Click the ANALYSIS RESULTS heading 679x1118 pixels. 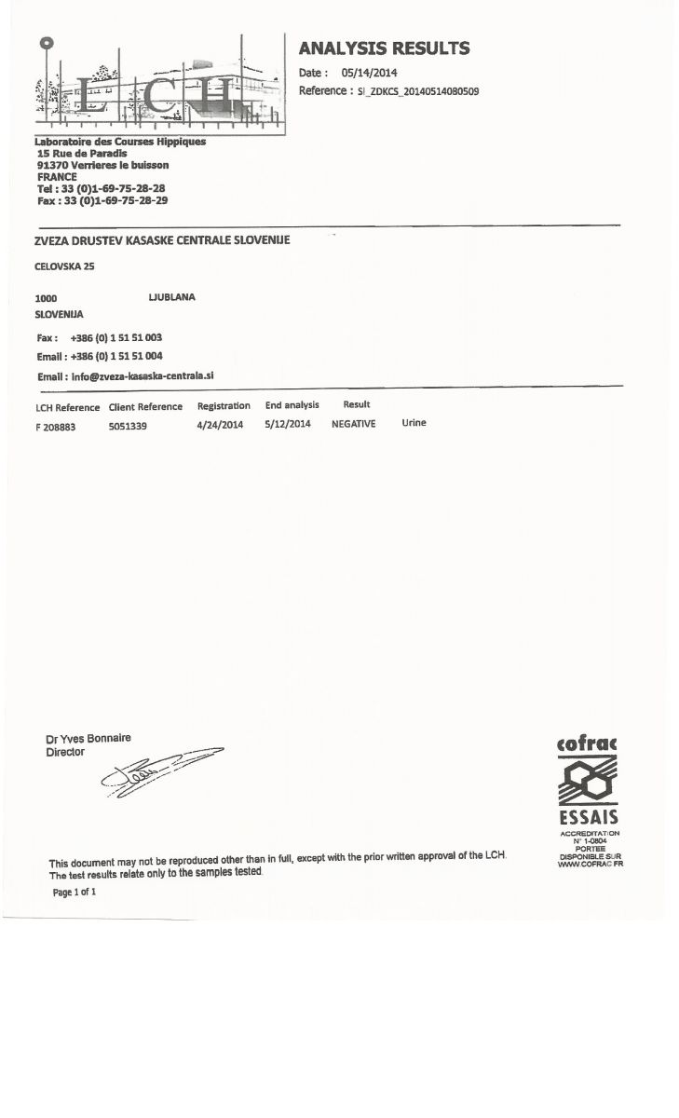[384, 48]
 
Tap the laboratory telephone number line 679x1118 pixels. [101, 188]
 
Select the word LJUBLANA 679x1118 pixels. [171, 297]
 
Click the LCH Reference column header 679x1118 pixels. [67, 407]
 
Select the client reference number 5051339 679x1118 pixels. [128, 425]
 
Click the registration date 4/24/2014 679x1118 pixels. [220, 424]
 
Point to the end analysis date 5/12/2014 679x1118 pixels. [288, 424]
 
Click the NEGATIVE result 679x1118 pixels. [354, 424]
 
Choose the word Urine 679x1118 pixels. [414, 423]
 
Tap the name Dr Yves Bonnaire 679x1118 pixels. [88, 739]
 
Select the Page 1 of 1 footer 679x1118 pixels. [75, 892]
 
